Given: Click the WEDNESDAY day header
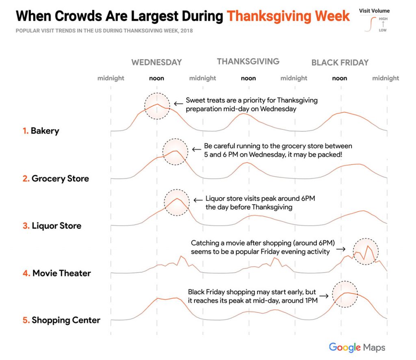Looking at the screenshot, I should [156, 62].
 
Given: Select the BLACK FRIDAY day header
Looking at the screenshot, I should [340, 63].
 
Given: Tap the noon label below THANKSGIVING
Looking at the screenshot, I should [248, 78].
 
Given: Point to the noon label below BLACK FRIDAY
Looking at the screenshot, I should [340, 78].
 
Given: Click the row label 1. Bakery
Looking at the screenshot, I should [41, 131].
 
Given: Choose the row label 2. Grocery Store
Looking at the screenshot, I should [56, 179].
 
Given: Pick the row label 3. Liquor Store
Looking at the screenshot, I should [52, 226].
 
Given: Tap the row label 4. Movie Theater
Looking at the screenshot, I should [56, 273].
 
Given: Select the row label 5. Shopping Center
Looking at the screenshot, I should [61, 320].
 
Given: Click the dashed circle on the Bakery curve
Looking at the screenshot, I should [157, 106].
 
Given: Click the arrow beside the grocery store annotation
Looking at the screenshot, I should [197, 149].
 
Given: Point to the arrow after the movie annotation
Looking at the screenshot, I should [341, 249].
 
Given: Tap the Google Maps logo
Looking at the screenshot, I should [357, 347].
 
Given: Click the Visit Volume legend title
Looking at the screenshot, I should [374, 11].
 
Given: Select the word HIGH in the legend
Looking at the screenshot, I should [383, 19].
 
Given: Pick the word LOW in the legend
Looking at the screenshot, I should [383, 30].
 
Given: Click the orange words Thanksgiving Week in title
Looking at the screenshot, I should [288, 16].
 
